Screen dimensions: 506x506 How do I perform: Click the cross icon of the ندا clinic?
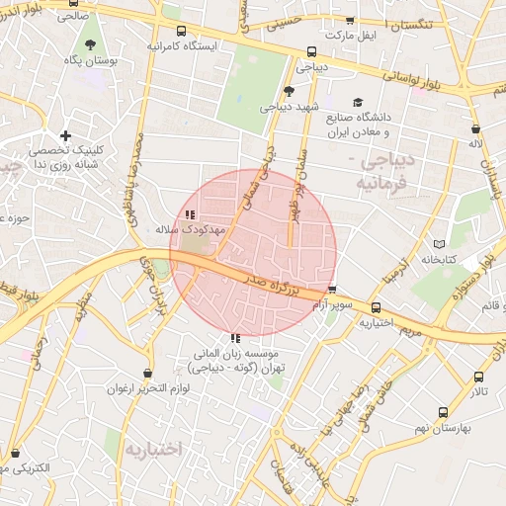click(65, 136)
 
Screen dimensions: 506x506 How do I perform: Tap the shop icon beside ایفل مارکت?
click(349, 21)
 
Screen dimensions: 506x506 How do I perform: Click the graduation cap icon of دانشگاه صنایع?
click(357, 102)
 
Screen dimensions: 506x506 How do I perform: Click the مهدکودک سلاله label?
click(191, 228)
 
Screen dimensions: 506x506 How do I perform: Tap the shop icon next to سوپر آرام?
click(333, 291)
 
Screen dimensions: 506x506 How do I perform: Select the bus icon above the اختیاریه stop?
click(376, 308)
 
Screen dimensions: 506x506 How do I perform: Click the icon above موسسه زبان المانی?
click(235, 340)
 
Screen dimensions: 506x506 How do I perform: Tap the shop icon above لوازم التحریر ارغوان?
click(148, 374)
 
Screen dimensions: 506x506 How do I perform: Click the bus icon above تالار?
click(479, 378)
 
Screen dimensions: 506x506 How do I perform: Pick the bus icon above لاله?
click(475, 128)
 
